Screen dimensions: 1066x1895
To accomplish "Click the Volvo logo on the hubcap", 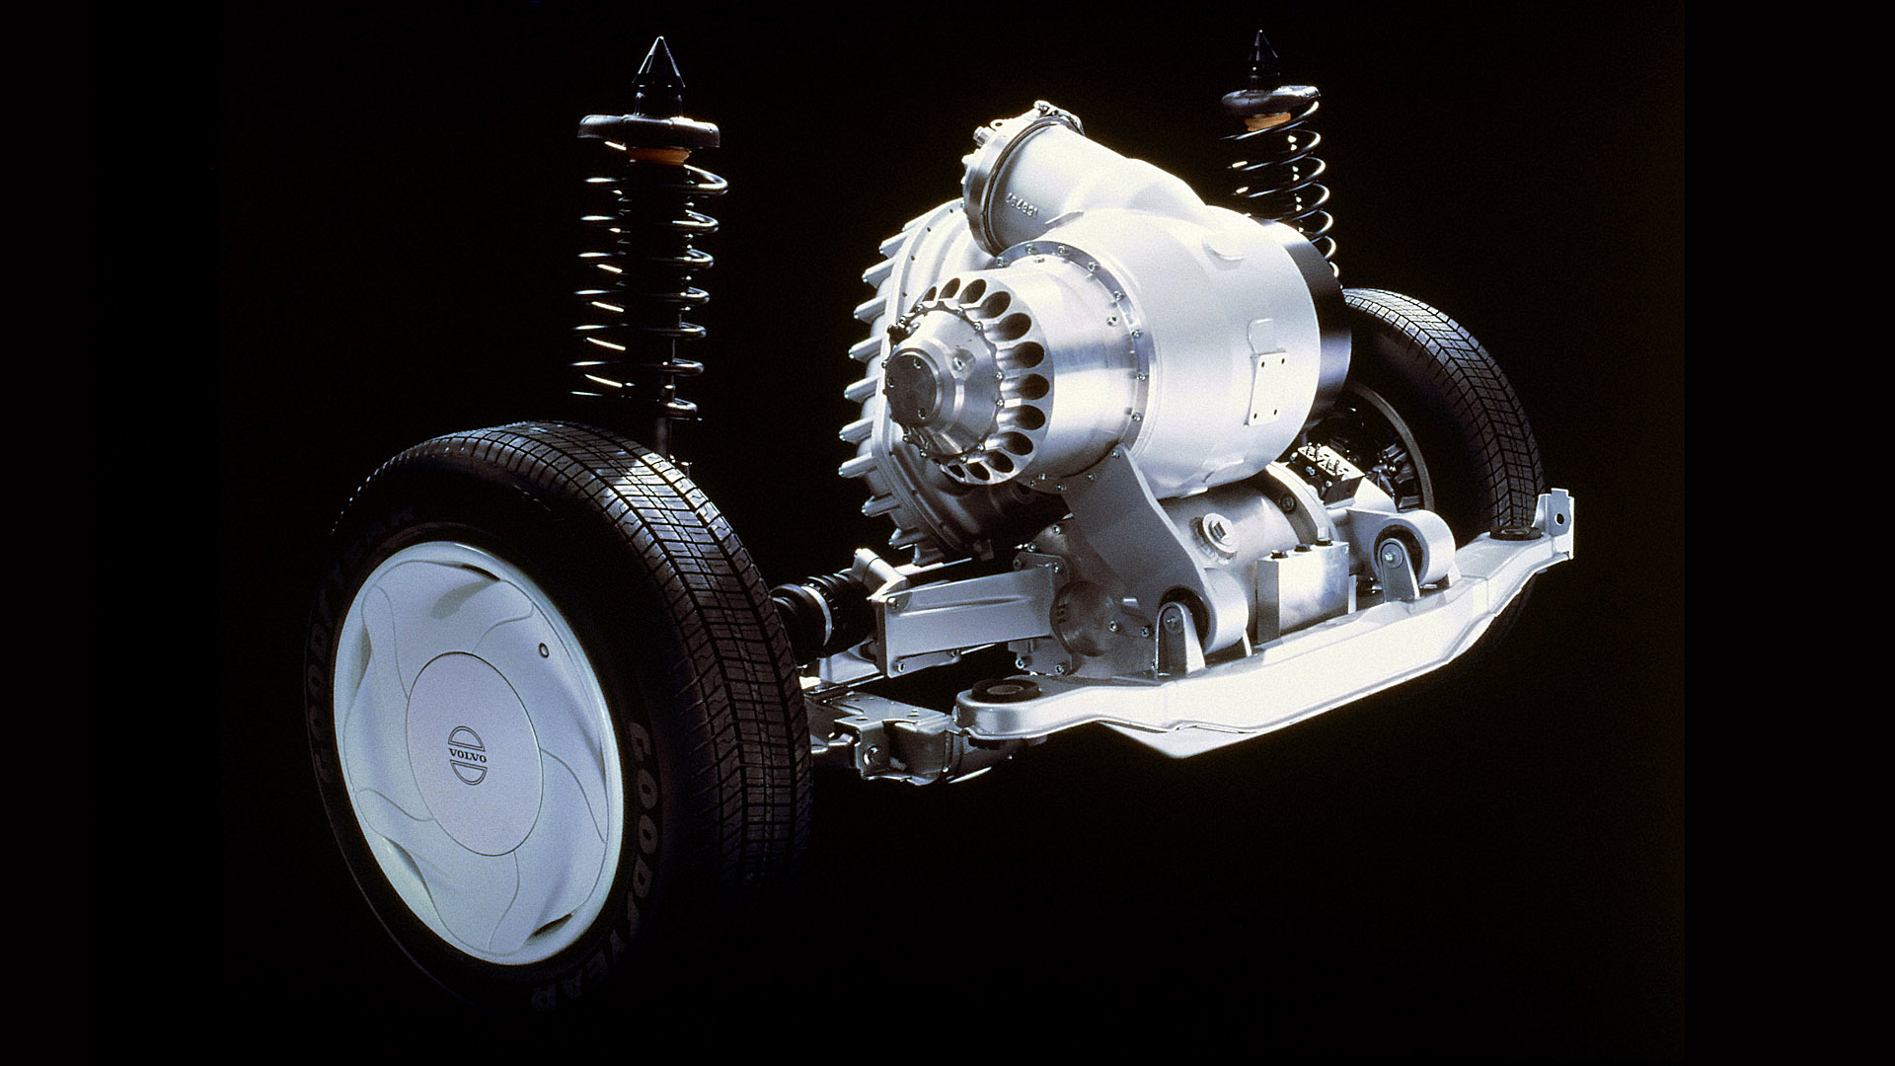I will pyautogui.click(x=467, y=755).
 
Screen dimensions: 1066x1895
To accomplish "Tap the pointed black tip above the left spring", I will pyautogui.click(x=654, y=65).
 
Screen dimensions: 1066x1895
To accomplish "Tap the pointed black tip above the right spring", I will pyautogui.click(x=1260, y=55).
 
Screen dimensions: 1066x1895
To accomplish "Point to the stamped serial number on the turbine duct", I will pyautogui.click(x=1029, y=211).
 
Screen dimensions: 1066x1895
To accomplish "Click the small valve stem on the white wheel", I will pyautogui.click(x=542, y=651).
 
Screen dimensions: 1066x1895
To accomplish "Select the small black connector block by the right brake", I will pyautogui.click(x=1324, y=460).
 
